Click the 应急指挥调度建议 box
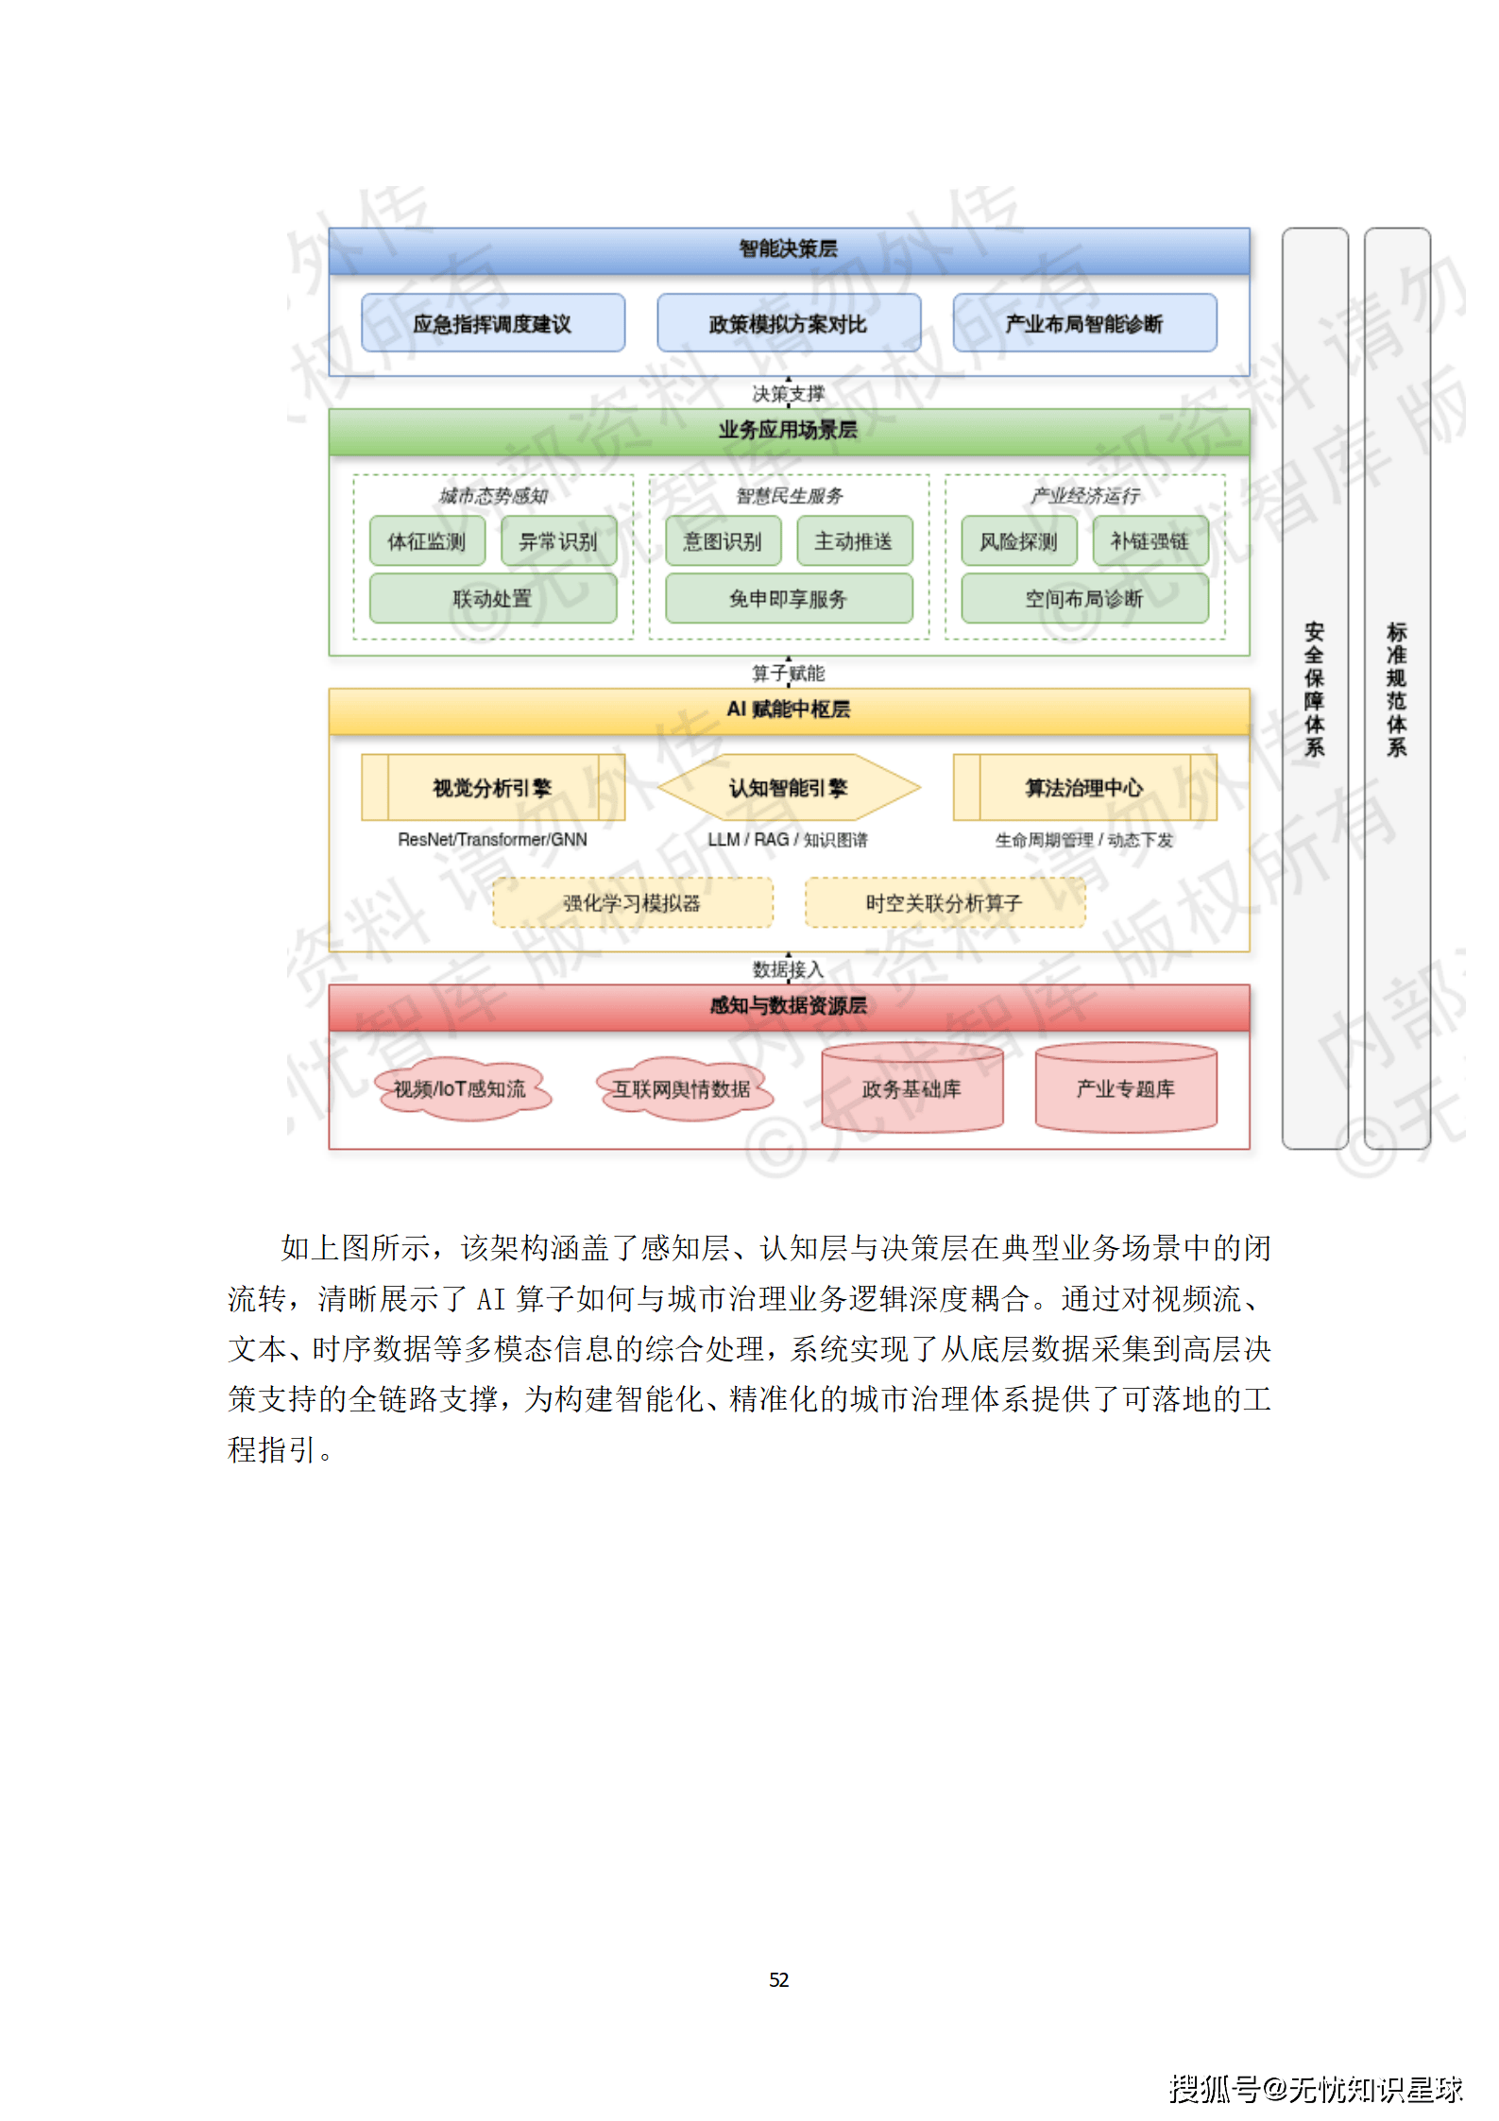pyautogui.click(x=492, y=323)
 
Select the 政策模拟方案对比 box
pyautogui.click(x=788, y=323)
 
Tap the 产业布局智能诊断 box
pyautogui.click(x=1083, y=323)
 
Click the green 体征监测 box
pyautogui.click(x=427, y=540)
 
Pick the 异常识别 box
pyautogui.click(x=558, y=540)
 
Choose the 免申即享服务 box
pyautogui.click(x=788, y=598)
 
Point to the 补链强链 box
pyautogui.click(x=1150, y=540)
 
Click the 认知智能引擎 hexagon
pyautogui.click(x=788, y=787)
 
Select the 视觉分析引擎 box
pyautogui.click(x=492, y=787)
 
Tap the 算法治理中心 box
pyautogui.click(x=1083, y=787)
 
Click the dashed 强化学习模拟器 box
pyautogui.click(x=632, y=902)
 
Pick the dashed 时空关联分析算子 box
pyautogui.click(x=944, y=902)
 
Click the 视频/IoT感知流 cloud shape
pyautogui.click(x=460, y=1088)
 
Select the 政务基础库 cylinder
pyautogui.click(x=911, y=1088)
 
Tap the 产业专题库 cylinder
pyautogui.click(x=1125, y=1088)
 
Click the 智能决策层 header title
pyautogui.click(x=788, y=248)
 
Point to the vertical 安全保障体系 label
pyautogui.click(x=1314, y=689)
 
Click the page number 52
pyautogui.click(x=778, y=1979)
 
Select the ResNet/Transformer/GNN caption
pyautogui.click(x=492, y=839)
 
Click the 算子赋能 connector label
pyautogui.click(x=788, y=673)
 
